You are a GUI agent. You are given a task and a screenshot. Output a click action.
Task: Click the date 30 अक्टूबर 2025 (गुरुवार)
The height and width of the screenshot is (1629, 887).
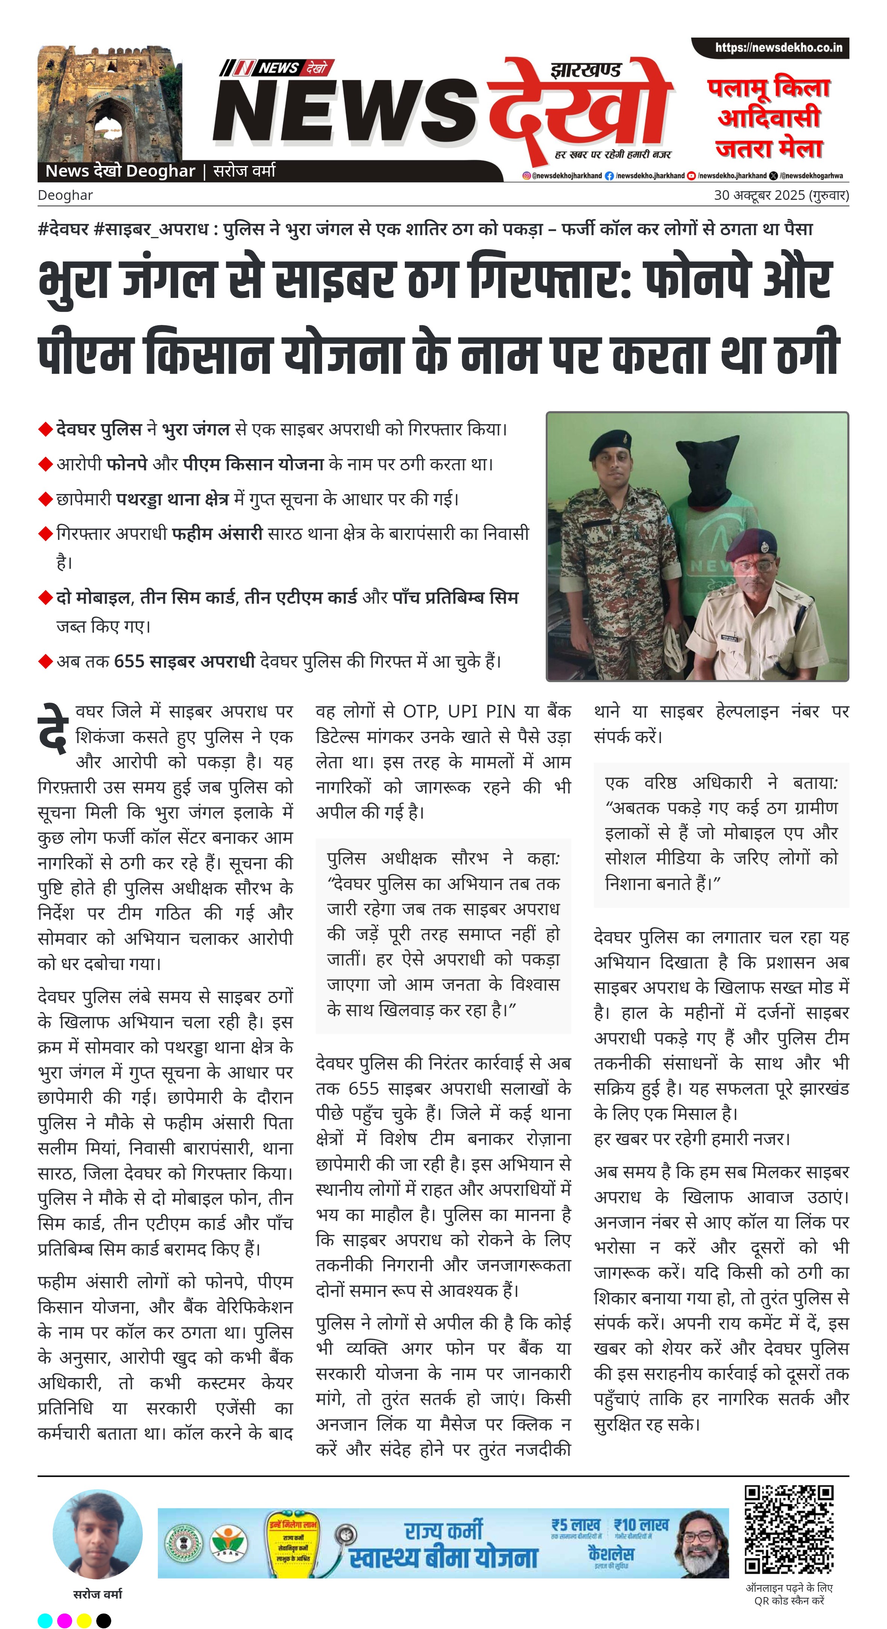[x=781, y=195]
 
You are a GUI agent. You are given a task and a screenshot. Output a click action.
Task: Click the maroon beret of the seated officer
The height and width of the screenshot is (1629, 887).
[x=751, y=539]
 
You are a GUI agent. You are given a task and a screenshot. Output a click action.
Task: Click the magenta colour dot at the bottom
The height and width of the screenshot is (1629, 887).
[x=65, y=1620]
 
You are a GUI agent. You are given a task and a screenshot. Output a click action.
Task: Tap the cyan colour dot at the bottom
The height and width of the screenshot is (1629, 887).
[x=45, y=1620]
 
